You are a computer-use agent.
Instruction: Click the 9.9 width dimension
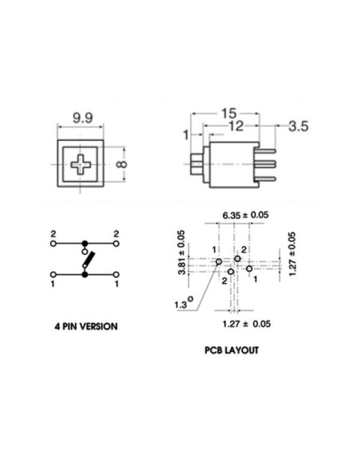tap(83, 118)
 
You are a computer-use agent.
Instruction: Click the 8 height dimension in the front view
tap(122, 164)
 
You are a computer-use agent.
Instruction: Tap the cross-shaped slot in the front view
tap(80, 164)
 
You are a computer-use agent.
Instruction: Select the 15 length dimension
tap(229, 113)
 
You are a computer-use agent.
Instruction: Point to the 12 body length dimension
tap(237, 127)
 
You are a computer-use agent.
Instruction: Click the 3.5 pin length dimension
tap(299, 126)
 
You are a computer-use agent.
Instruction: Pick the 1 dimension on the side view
tap(186, 135)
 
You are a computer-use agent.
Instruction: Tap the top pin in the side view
tap(267, 151)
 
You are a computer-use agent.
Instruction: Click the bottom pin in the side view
tap(267, 178)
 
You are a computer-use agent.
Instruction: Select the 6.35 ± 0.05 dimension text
tap(245, 215)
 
